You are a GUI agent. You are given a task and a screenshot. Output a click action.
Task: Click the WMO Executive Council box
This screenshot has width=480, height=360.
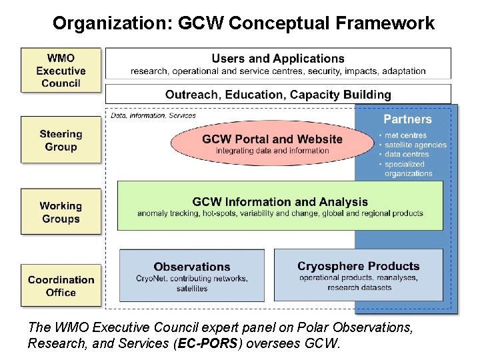click(61, 70)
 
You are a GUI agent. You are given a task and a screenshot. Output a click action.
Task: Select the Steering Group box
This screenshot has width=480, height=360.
click(61, 140)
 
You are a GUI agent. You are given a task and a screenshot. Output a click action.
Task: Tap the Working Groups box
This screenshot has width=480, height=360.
click(61, 212)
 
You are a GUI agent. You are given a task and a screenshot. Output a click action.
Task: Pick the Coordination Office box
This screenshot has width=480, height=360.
click(61, 286)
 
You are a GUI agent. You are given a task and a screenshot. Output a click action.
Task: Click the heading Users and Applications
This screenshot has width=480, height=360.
click(278, 59)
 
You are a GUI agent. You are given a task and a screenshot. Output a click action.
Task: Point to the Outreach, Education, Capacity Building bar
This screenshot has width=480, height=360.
click(278, 94)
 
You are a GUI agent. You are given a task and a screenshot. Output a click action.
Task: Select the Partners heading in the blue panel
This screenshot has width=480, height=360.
click(407, 119)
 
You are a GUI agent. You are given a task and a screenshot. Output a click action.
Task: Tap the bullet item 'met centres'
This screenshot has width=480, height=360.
click(405, 136)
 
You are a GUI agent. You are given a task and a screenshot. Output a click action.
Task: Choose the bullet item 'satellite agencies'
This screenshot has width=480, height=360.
click(415, 145)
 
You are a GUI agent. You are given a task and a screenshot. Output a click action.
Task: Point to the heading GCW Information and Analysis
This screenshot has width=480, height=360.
click(280, 202)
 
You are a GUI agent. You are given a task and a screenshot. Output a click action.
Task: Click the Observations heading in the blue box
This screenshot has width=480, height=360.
click(192, 267)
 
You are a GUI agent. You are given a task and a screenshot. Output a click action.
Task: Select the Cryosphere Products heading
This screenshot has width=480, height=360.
click(359, 267)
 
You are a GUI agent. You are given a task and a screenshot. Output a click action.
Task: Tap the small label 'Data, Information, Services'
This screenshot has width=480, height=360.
click(153, 115)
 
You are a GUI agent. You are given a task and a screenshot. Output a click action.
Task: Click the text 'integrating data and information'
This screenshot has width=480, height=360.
click(272, 151)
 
